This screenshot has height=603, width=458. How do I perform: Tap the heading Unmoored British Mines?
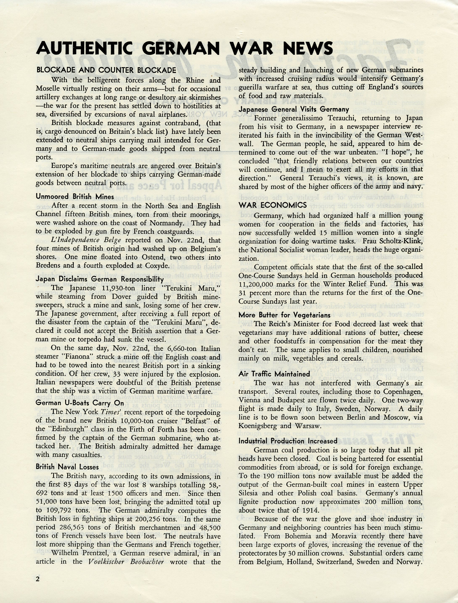point(75,197)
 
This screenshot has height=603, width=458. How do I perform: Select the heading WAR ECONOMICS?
point(272,205)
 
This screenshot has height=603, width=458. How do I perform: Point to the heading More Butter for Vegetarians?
point(285,315)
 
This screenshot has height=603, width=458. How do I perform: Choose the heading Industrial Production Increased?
point(288,441)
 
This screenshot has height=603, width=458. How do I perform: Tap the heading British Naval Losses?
point(67,467)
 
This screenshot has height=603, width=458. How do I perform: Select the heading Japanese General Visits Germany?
point(294,109)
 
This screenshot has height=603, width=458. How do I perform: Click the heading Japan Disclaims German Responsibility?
point(100,279)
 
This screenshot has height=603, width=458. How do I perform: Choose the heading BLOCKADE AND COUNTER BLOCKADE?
point(106,70)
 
